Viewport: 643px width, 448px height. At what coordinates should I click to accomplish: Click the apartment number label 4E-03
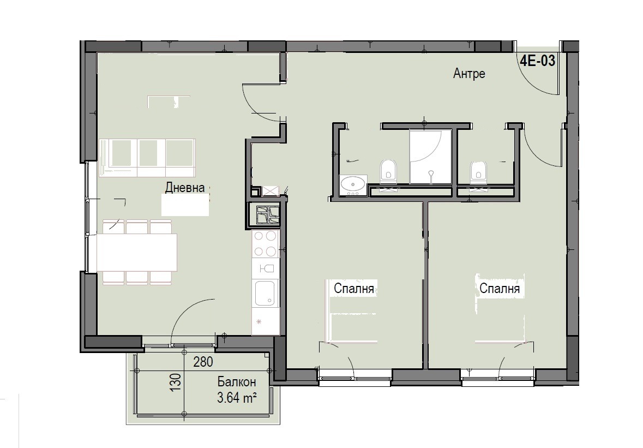pyautogui.click(x=538, y=61)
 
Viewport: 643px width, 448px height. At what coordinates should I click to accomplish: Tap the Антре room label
pyautogui.click(x=469, y=74)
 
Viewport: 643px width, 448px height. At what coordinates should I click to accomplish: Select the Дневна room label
pyautogui.click(x=185, y=188)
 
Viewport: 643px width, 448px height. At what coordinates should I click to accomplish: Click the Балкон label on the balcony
pyautogui.click(x=237, y=382)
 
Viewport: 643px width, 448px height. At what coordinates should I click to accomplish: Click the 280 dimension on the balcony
pyautogui.click(x=203, y=362)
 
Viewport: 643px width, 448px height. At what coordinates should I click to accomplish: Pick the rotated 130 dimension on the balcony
pyautogui.click(x=176, y=382)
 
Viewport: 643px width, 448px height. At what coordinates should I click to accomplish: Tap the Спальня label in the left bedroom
pyautogui.click(x=354, y=289)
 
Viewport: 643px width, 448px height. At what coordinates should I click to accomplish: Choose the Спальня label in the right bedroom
pyautogui.click(x=500, y=289)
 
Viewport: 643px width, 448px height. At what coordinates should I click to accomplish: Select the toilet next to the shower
pyautogui.click(x=389, y=171)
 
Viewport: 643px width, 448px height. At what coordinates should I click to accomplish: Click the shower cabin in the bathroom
pyautogui.click(x=431, y=157)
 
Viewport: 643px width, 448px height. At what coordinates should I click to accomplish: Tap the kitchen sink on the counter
pyautogui.click(x=265, y=293)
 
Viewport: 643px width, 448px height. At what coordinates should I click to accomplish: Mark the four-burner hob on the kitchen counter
pyautogui.click(x=265, y=243)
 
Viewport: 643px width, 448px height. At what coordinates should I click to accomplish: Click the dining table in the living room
pyautogui.click(x=136, y=252)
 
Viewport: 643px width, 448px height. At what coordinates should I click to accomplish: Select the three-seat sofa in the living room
pyautogui.click(x=147, y=158)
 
